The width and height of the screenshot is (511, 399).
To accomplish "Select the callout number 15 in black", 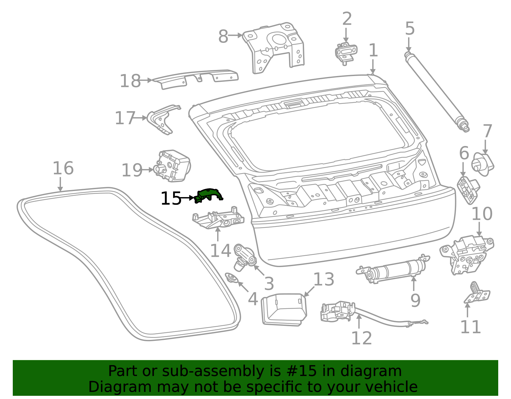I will tap(171, 199).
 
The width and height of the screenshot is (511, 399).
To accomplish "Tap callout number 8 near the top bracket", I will tap(223, 36).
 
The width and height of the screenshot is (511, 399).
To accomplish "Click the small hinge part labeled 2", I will tap(346, 52).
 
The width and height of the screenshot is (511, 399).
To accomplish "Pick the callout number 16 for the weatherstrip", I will tap(63, 168).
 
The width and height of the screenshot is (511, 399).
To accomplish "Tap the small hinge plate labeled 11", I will tap(476, 294).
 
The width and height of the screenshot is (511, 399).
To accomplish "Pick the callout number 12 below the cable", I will tap(362, 338).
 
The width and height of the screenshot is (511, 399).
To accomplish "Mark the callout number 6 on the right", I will tap(464, 153).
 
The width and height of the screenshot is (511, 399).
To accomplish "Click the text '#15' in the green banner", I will tap(301, 371).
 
